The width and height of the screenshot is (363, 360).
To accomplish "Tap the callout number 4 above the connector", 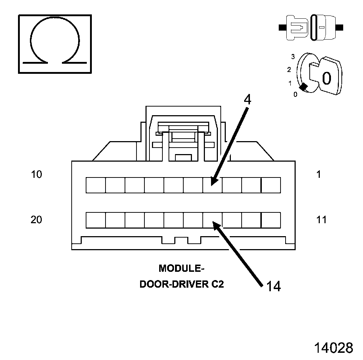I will [247, 100].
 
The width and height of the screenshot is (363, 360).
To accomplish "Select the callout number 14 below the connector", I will [273, 286].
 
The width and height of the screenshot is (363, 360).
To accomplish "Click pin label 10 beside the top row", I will [36, 175].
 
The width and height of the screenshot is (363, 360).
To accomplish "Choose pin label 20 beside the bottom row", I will [36, 220].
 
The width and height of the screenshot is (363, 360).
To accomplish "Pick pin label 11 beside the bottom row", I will [321, 220].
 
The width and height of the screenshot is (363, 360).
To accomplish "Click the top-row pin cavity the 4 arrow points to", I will [212, 185].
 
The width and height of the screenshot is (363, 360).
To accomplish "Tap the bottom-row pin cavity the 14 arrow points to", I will [212, 220].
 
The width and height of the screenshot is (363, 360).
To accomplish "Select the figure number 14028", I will [333, 348].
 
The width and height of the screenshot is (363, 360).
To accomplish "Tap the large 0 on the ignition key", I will [326, 78].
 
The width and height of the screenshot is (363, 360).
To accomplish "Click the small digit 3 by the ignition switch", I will [293, 57].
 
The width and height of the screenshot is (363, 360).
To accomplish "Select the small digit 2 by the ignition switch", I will [289, 69].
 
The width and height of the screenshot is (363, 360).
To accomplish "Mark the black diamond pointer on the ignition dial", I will [303, 87].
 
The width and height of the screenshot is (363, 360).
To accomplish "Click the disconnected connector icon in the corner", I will [311, 27].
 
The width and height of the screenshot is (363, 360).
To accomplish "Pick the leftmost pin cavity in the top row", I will [95, 185].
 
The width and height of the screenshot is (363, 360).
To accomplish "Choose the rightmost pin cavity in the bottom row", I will [270, 220].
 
